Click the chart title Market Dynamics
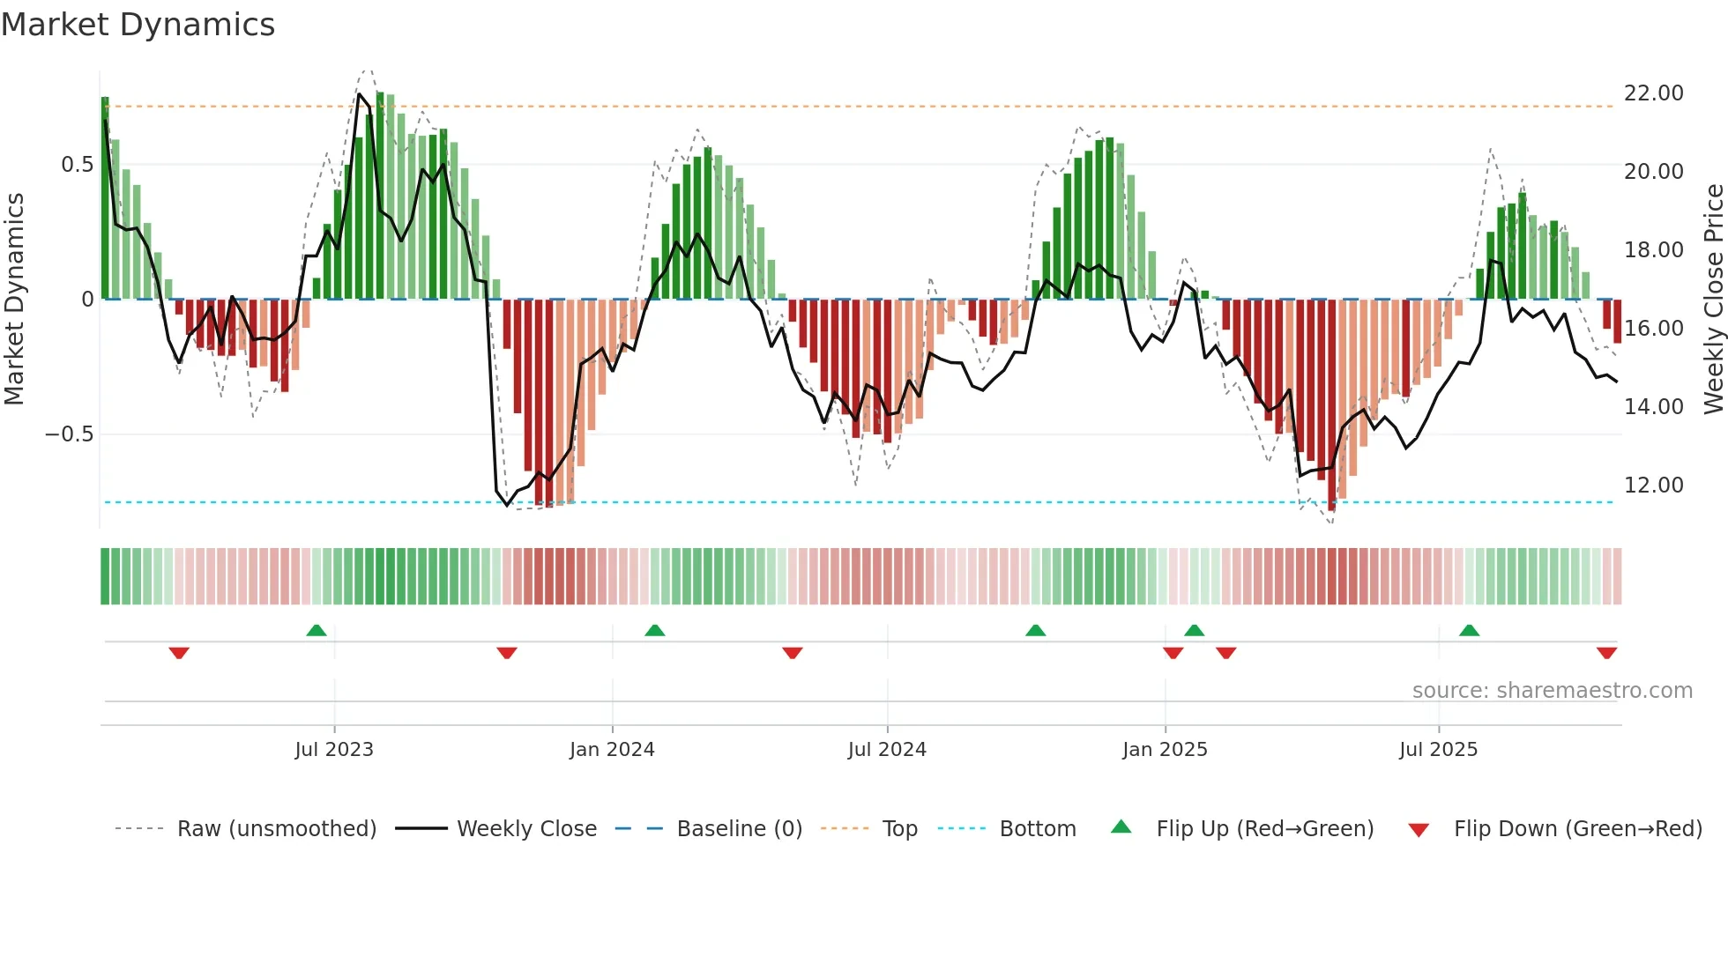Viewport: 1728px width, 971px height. click(x=138, y=25)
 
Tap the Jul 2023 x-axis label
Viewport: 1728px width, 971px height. click(x=334, y=750)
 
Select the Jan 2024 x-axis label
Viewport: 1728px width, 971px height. click(x=612, y=750)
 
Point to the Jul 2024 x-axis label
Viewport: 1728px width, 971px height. click(x=887, y=750)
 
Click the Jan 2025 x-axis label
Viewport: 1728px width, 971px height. click(x=1165, y=750)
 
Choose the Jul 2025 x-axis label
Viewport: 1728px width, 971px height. click(x=1438, y=750)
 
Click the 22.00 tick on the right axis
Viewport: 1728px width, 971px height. click(x=1653, y=93)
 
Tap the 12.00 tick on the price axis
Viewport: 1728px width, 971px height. click(x=1653, y=485)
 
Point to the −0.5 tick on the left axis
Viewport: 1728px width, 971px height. click(x=69, y=434)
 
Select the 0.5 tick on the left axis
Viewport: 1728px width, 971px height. click(x=77, y=165)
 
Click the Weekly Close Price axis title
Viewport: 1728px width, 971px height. click(x=1713, y=300)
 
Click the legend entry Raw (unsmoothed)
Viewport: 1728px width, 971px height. click(x=276, y=829)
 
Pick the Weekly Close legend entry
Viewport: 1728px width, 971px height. click(x=526, y=829)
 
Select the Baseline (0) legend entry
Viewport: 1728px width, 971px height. click(x=739, y=829)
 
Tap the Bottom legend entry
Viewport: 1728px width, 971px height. click(x=1037, y=829)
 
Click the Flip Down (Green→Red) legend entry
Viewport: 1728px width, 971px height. click(x=1577, y=829)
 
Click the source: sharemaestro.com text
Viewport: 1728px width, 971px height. click(x=1552, y=691)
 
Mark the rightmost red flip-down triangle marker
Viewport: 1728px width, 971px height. click(x=1606, y=653)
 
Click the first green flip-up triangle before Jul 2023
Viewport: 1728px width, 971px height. click(x=317, y=630)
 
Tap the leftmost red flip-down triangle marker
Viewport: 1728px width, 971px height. click(x=179, y=653)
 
